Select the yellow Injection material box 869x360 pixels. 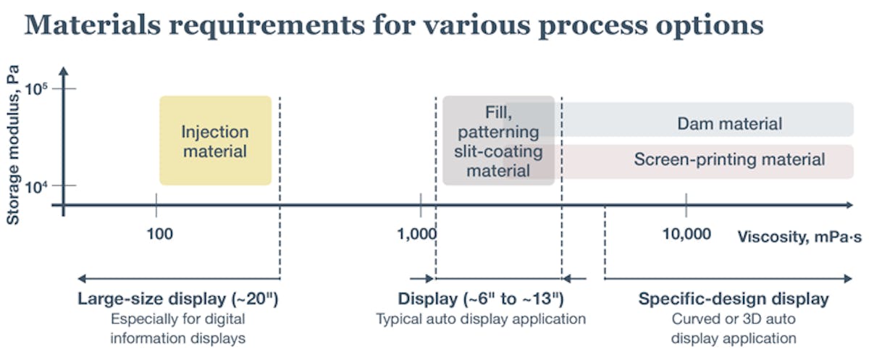point(215,141)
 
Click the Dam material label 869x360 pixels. point(729,124)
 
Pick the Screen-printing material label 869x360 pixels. point(729,159)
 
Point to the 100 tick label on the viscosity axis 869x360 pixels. point(159,234)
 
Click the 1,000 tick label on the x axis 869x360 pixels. point(417,234)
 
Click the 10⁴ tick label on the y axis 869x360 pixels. point(37,186)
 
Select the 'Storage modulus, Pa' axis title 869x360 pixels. point(12,144)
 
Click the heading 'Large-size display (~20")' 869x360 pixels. point(178,299)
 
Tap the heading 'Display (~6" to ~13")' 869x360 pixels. point(480,299)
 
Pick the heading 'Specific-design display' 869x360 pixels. point(733,299)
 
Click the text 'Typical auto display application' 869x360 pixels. point(480,319)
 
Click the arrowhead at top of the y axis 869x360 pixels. point(64,71)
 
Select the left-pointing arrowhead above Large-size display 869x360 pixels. point(81,278)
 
